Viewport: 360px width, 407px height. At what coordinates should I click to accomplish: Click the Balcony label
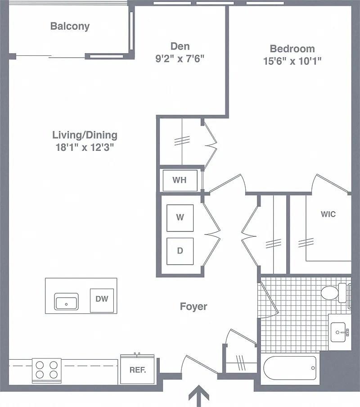click(x=70, y=26)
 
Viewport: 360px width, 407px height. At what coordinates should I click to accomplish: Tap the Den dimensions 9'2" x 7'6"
click(x=180, y=59)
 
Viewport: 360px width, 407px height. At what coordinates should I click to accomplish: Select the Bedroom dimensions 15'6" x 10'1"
click(x=292, y=61)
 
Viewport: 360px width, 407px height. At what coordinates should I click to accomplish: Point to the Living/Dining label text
click(x=85, y=135)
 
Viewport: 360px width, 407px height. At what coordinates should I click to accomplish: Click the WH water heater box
click(x=180, y=181)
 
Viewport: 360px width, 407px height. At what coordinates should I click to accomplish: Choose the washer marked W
click(x=180, y=218)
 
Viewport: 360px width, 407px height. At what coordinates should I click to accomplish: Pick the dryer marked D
click(x=180, y=251)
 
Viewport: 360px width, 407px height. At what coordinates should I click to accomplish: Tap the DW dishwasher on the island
click(x=102, y=300)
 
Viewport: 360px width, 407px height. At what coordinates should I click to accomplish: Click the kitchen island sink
click(x=66, y=302)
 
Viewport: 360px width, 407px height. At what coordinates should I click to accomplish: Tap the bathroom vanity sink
click(x=338, y=332)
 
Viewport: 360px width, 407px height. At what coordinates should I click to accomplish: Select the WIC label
click(x=328, y=214)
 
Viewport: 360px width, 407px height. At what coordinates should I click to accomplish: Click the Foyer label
click(x=193, y=307)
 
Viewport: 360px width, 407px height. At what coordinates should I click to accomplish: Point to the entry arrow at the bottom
click(x=198, y=396)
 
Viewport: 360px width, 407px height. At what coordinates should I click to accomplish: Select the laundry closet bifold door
click(x=211, y=234)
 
